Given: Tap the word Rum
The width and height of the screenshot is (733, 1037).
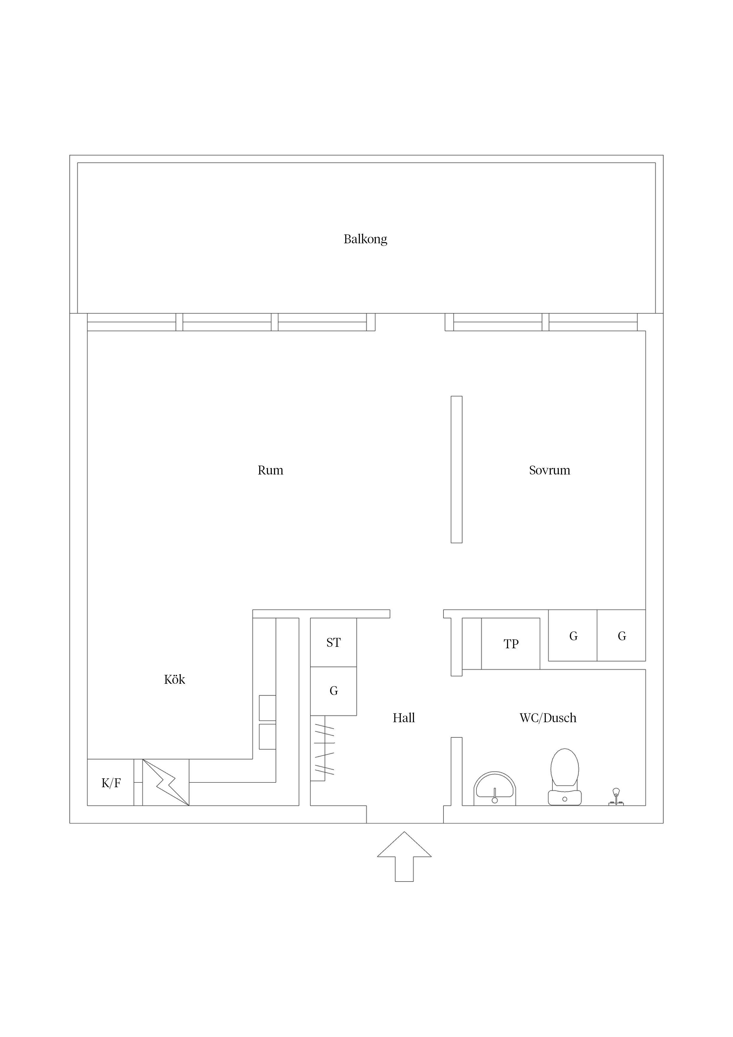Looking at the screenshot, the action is (x=270, y=470).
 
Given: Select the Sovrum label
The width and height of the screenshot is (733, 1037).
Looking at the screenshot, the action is (x=550, y=470).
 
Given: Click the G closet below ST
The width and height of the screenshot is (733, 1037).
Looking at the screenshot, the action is (x=333, y=691).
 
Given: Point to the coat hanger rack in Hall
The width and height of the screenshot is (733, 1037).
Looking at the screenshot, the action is (x=324, y=749).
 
